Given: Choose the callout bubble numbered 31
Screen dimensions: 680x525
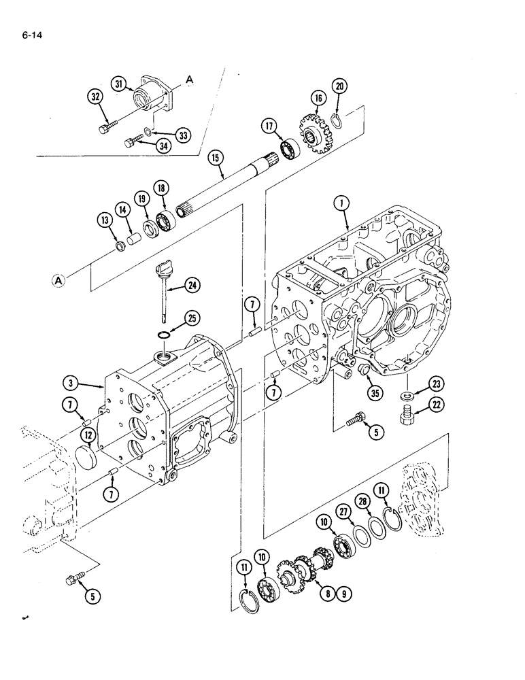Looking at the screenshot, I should pyautogui.click(x=120, y=84).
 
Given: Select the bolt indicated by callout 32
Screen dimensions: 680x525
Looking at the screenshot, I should pyautogui.click(x=108, y=126).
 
